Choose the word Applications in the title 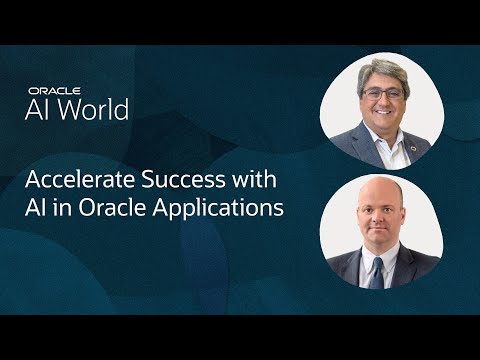pyautogui.click(x=226, y=211)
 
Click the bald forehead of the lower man pyautogui.click(x=380, y=196)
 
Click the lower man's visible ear pyautogui.click(x=407, y=222)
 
